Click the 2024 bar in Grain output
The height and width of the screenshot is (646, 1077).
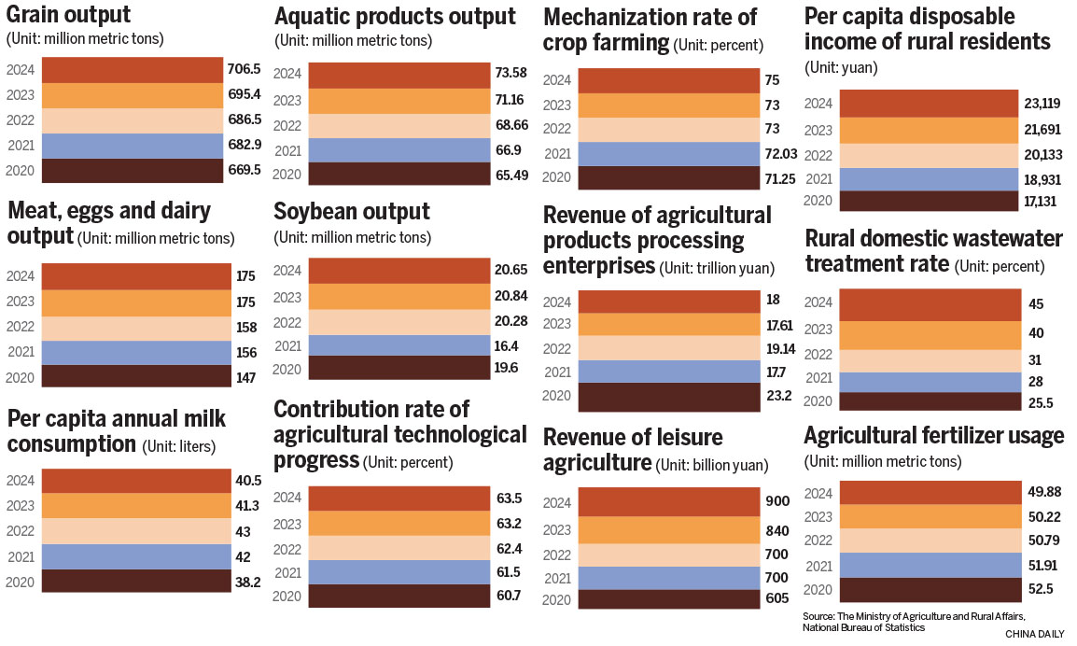[130, 70]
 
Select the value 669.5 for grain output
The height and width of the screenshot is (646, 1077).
[245, 171]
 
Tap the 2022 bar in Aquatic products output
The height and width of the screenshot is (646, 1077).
[399, 125]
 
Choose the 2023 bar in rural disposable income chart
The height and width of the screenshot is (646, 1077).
[928, 130]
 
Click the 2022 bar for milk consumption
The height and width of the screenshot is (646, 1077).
[130, 531]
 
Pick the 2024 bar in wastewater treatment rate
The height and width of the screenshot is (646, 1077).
[929, 304]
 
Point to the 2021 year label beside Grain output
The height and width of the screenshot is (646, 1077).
[21, 146]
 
